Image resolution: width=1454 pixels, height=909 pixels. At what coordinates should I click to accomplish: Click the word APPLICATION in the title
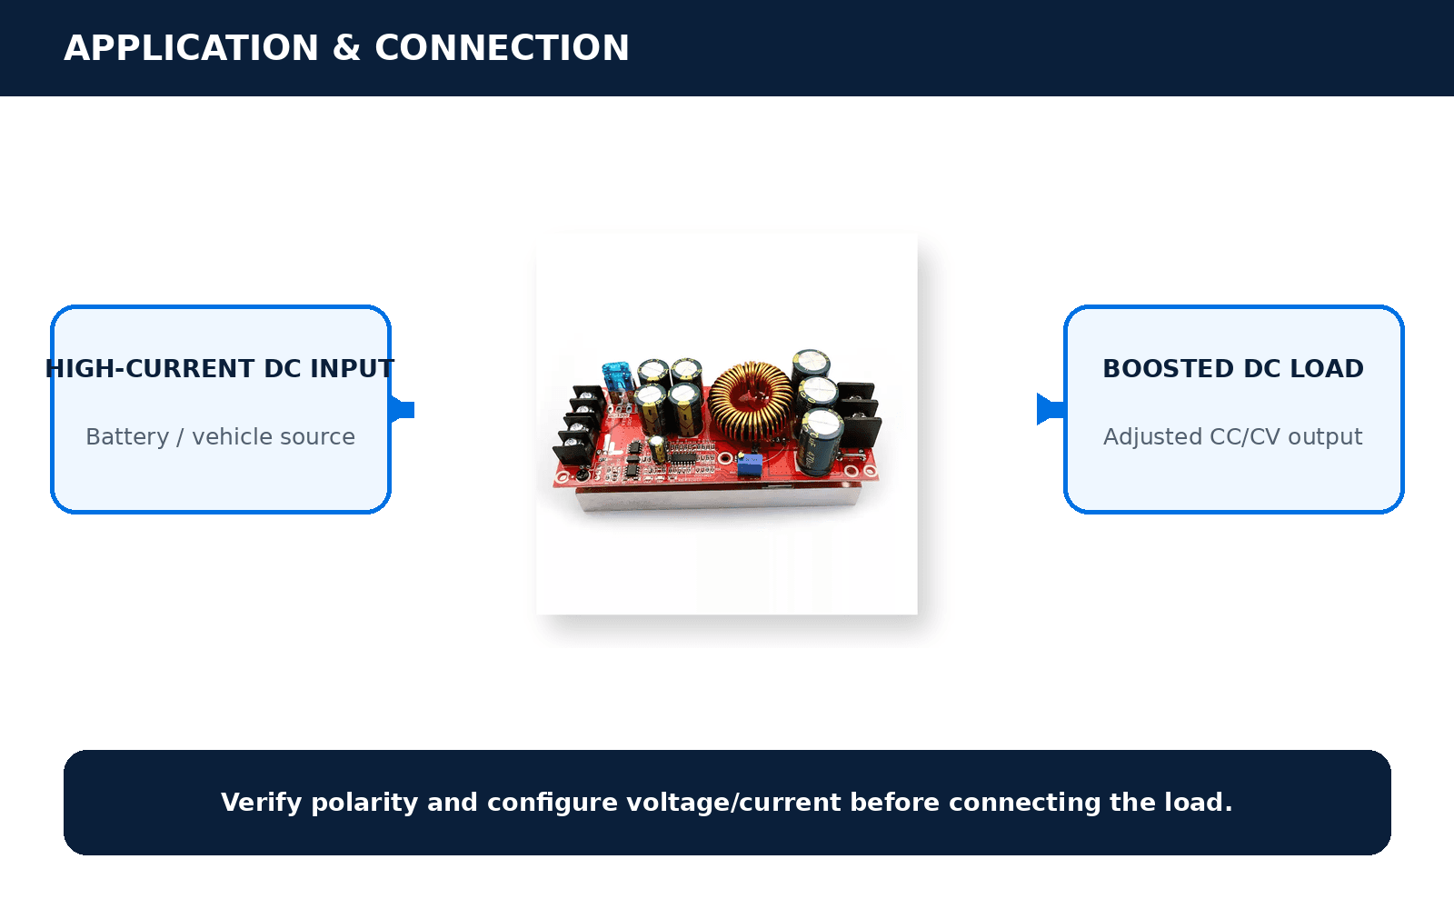tap(192, 48)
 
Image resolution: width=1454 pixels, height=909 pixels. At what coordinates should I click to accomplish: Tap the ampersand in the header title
tap(346, 48)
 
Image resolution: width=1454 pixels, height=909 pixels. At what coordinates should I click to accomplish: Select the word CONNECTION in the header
tap(502, 48)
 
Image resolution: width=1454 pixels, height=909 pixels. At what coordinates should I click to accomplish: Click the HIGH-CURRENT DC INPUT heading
tap(220, 369)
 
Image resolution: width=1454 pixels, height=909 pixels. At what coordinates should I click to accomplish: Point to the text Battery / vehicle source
tap(221, 437)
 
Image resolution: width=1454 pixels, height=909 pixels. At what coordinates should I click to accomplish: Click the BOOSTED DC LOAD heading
tap(1233, 369)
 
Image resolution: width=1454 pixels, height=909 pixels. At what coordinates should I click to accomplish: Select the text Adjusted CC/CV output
tap(1232, 437)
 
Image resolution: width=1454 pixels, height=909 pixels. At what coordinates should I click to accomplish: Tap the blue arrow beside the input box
tap(402, 410)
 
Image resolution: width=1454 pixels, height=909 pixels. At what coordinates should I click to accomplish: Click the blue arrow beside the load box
tap(1051, 410)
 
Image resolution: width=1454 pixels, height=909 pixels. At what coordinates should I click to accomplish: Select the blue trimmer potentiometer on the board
tap(749, 465)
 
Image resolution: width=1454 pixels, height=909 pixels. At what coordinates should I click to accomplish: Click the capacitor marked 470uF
tap(819, 443)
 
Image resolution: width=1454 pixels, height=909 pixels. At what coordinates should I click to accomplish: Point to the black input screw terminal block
tap(579, 424)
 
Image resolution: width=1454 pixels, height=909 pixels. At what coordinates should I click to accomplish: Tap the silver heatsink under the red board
tap(717, 498)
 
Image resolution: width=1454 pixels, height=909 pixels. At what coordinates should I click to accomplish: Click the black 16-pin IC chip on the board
tap(682, 457)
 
